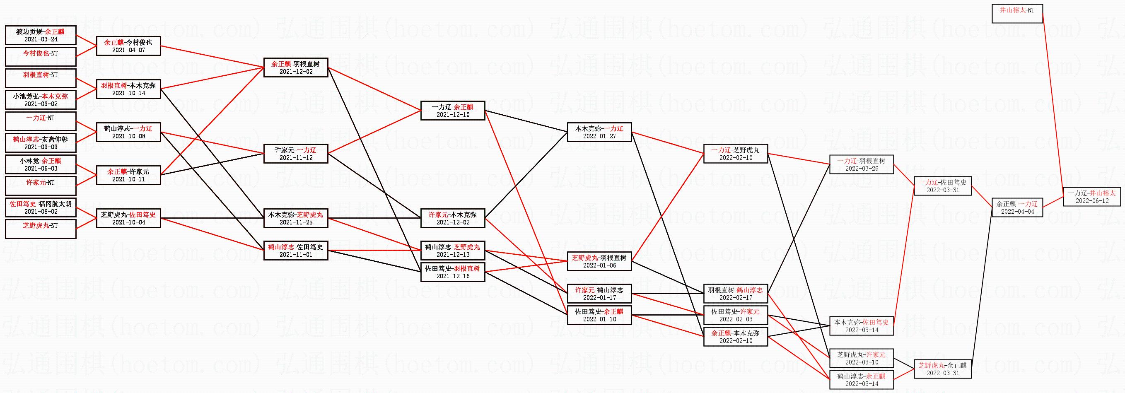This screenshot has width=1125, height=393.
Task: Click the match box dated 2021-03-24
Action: coord(40,35)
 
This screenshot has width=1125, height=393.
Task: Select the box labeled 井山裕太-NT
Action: coord(1017,14)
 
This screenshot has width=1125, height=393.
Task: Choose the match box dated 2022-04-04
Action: coord(1017,207)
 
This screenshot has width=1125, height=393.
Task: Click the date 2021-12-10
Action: coord(453,115)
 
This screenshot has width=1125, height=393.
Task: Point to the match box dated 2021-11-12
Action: coord(296,153)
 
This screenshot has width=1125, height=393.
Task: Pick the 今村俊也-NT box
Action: coord(40,57)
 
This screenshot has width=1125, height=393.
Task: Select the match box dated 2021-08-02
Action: coord(40,207)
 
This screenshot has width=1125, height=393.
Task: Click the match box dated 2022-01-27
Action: coord(599,132)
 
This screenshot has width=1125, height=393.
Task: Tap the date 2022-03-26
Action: coord(861,169)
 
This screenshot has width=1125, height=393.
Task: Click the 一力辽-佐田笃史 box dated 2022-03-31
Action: coord(942,186)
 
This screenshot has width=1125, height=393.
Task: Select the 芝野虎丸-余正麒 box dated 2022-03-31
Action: coord(942,369)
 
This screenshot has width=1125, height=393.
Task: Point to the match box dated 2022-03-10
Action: coord(861,358)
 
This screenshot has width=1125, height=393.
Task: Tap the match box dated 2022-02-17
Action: coord(736,294)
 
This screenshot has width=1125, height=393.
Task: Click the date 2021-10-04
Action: coord(128,222)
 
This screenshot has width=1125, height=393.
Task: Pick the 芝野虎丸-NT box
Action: coord(40,229)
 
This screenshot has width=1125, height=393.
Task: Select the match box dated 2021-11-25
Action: coord(296,218)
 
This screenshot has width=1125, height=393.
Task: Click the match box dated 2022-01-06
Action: coord(599,261)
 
